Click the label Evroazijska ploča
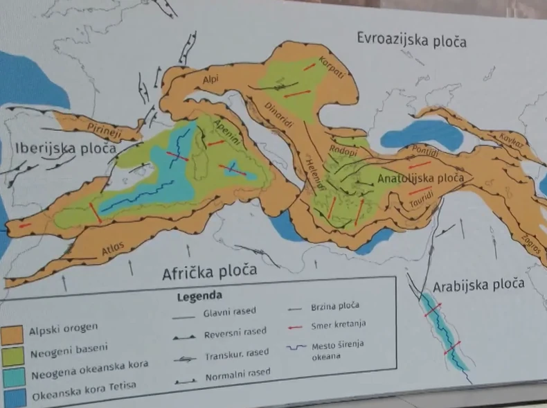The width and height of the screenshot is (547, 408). click(411, 40)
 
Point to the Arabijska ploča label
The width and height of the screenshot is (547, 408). click(478, 285)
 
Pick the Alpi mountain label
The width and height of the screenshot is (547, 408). click(210, 80)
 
